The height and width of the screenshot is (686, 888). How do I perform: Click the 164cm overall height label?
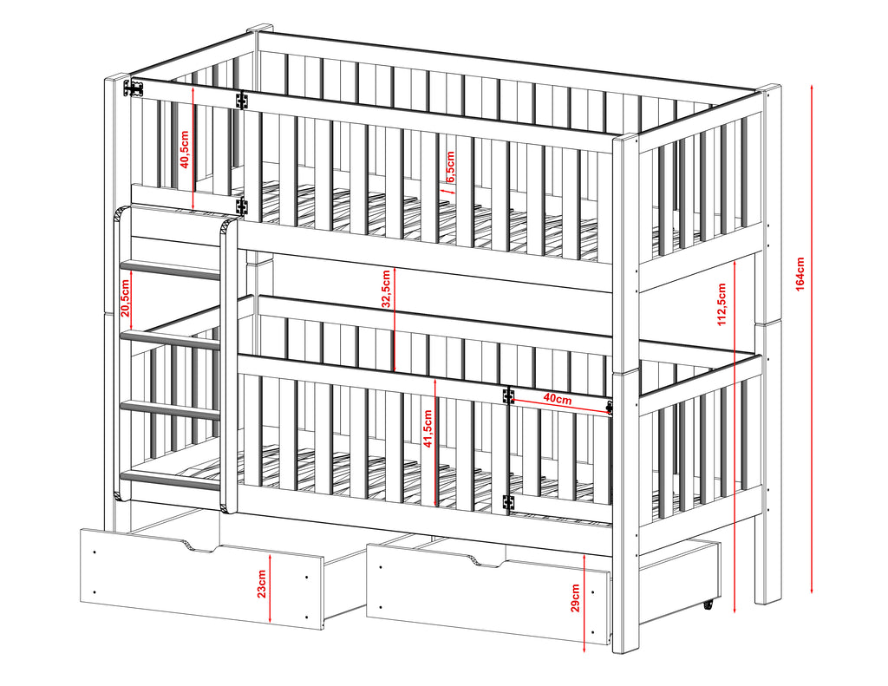pos(800,274)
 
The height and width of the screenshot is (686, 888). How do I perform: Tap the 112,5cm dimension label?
pos(721,304)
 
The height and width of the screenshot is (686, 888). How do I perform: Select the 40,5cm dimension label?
pos(185,149)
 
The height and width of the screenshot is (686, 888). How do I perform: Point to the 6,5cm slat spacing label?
pos(450,167)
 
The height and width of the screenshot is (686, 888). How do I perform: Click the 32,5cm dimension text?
pos(386,289)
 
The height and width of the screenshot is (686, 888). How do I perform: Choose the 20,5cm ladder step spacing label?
pos(126,298)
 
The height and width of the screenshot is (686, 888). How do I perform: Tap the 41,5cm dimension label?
pos(428,428)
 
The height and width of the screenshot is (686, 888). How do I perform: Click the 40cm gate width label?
pos(558,399)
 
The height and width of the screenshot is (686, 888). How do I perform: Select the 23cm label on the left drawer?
pos(261,584)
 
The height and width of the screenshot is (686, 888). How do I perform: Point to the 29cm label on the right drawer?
pos(575,598)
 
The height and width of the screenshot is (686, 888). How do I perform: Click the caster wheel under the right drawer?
pos(708,605)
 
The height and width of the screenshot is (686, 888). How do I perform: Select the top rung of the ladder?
pos(171,270)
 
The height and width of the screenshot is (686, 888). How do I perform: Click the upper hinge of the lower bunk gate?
pos(508,395)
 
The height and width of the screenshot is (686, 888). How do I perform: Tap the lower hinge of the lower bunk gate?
pos(508,502)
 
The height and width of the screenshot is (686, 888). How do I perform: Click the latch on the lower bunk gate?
pos(610,408)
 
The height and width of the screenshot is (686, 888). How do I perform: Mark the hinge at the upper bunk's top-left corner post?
pos(134,88)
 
